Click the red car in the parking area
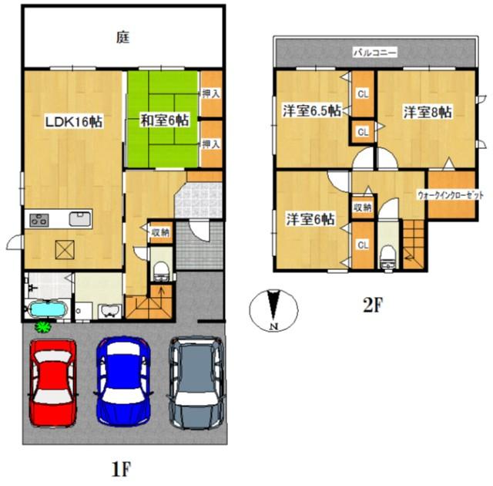click(52, 383)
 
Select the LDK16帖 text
click(73, 121)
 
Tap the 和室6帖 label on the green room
click(164, 120)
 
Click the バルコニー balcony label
click(374, 53)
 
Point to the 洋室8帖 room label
click(427, 112)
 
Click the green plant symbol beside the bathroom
click(43, 327)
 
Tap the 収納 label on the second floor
click(362, 207)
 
